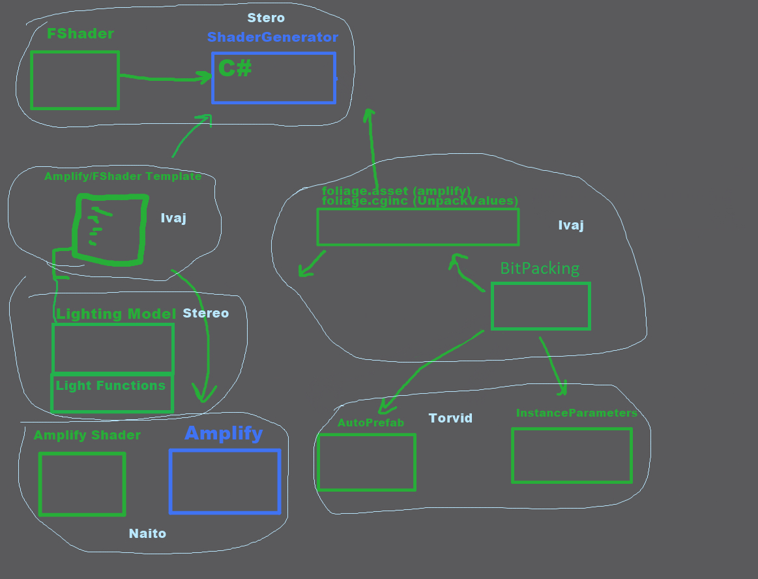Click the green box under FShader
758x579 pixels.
(75, 80)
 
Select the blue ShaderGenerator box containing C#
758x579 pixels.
(274, 78)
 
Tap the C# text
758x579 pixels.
(235, 68)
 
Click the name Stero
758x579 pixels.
(266, 18)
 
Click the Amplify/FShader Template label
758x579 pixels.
(123, 177)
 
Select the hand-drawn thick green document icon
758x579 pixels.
(109, 230)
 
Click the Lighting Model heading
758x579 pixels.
(116, 314)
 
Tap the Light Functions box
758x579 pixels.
(112, 393)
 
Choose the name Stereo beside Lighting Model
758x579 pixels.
(206, 314)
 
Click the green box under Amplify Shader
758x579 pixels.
(82, 484)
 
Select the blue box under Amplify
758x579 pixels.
(225, 481)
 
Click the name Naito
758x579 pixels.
(147, 533)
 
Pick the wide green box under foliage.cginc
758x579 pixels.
(418, 227)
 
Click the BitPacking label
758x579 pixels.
(540, 268)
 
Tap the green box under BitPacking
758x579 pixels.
(541, 306)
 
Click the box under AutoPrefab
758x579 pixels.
(367, 462)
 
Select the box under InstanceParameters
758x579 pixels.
(572, 455)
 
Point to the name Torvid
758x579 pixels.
(450, 418)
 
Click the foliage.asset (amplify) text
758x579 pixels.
(396, 191)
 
